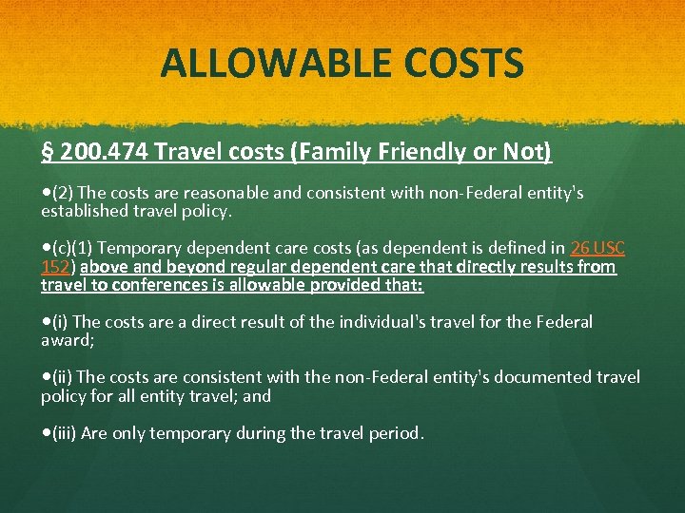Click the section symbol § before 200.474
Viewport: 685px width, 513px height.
(47, 152)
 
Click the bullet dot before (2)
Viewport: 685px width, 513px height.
(46, 193)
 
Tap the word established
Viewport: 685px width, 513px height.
(84, 211)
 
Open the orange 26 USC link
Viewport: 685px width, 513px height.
(597, 248)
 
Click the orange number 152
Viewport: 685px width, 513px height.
(54, 267)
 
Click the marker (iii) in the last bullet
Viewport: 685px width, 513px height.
(66, 433)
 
